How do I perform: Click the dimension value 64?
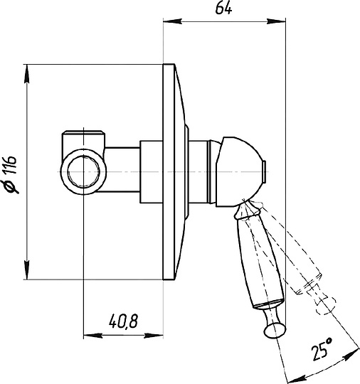coord(223,9)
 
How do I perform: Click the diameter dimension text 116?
coord(12,165)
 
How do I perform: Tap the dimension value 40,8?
coord(124,321)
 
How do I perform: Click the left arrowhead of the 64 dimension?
coord(172,21)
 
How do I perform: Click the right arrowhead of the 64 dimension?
coord(277,21)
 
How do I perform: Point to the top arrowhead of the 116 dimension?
coord(27,74)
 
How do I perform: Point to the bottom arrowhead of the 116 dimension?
coord(27,270)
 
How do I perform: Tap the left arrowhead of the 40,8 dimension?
coord(92,336)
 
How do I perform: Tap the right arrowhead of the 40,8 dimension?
coord(154,336)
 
